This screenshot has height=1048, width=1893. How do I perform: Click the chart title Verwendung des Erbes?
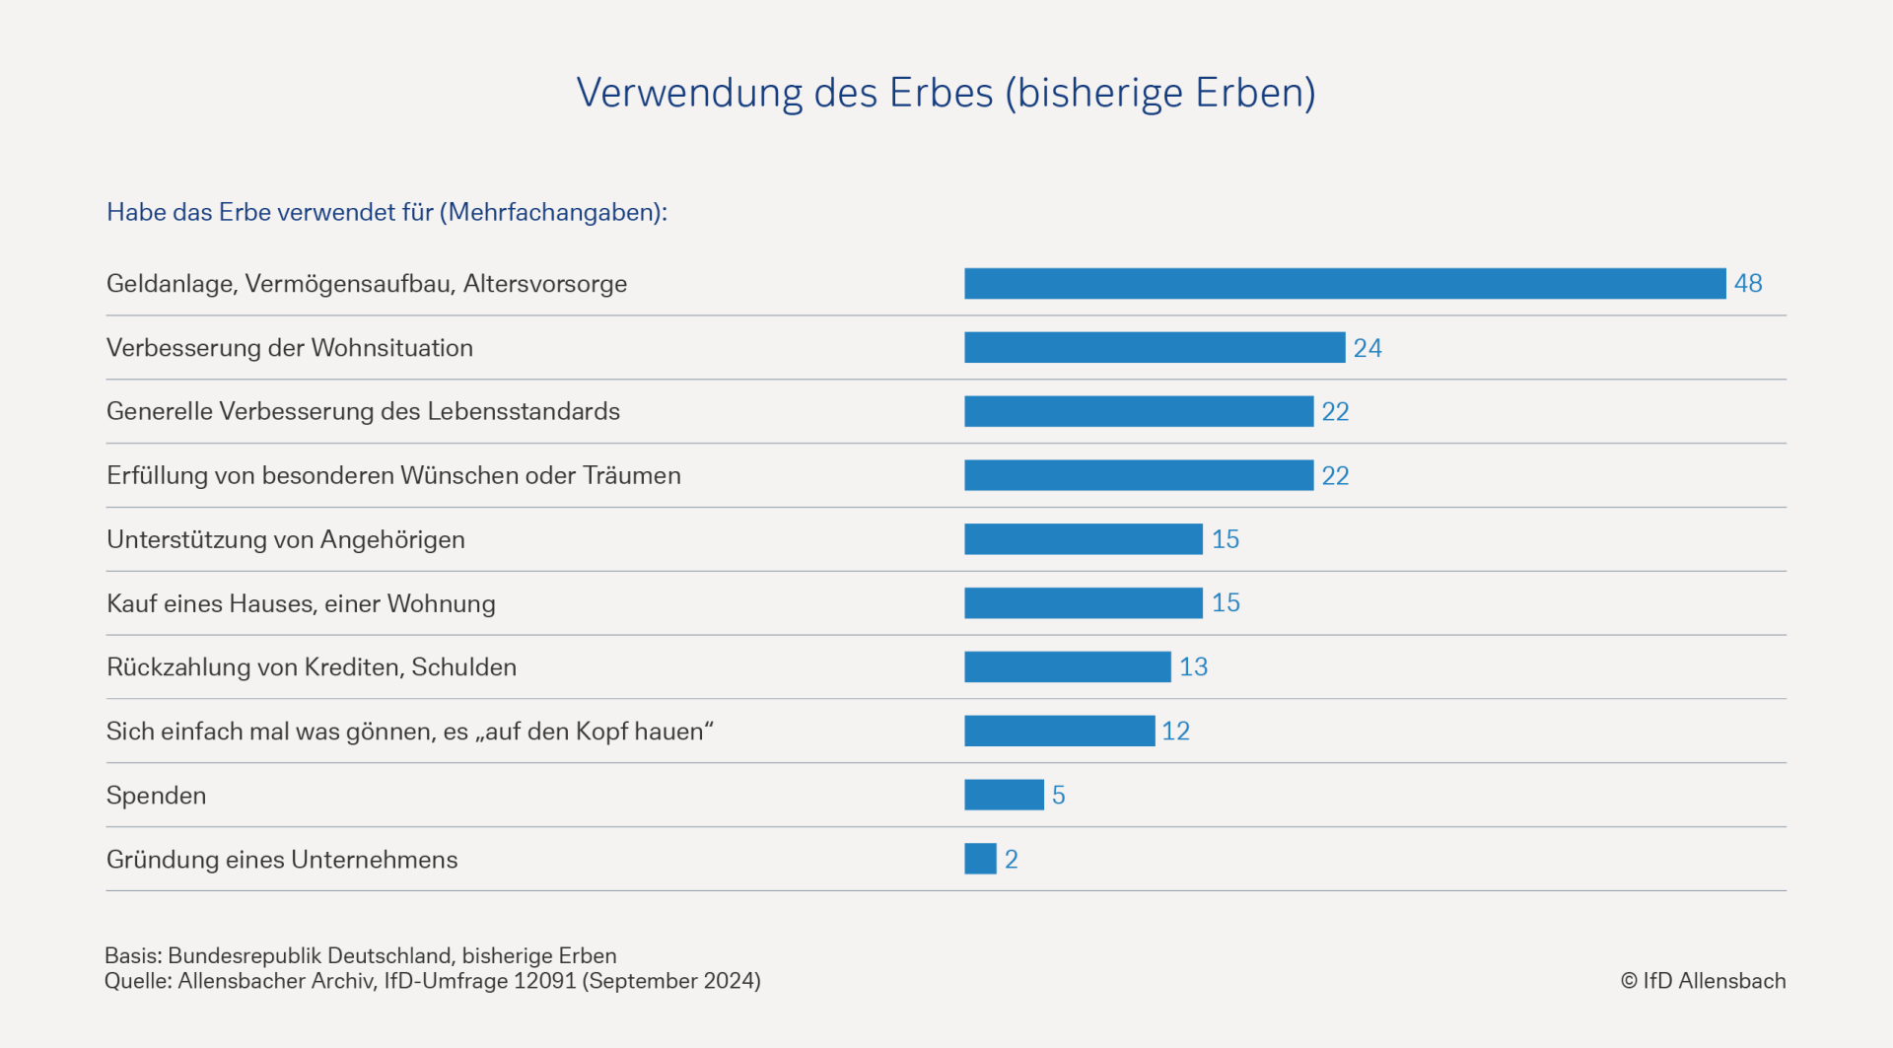point(946,94)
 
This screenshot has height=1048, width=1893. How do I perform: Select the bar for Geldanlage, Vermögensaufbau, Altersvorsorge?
point(1345,284)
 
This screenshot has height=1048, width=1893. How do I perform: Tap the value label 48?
point(1748,284)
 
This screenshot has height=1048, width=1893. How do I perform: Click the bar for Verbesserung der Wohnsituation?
point(1155,348)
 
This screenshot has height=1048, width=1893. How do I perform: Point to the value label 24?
point(1367,348)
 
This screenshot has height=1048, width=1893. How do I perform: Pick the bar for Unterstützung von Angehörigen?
point(1084,539)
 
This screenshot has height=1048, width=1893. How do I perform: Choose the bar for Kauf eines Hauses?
point(1084,603)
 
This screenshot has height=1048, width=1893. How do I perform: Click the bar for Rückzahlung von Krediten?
point(1068,667)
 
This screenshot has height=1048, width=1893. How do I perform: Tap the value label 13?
point(1193,667)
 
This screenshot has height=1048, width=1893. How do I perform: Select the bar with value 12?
point(1060,732)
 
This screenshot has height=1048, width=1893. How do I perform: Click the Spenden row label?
point(156,796)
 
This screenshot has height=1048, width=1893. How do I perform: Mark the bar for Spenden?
point(1004,796)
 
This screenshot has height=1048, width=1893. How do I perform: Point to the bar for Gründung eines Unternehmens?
point(980,859)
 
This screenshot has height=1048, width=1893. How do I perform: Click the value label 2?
point(1012,860)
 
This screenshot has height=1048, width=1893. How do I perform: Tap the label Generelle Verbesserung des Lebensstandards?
point(363,412)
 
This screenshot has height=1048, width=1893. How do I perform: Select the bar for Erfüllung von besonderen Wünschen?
point(1139,475)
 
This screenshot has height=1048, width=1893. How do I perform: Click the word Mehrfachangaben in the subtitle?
point(552,213)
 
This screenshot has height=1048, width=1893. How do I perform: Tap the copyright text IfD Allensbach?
point(1703,981)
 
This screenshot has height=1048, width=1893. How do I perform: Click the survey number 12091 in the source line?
point(544,981)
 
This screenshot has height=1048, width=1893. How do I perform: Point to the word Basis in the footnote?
point(132,956)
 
